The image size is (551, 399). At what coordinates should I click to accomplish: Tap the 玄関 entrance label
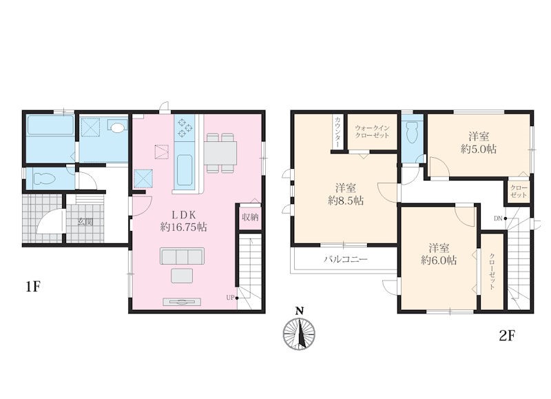[85, 222]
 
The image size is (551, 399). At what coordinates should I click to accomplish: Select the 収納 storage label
[250, 217]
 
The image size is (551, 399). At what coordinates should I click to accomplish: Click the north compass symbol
[300, 330]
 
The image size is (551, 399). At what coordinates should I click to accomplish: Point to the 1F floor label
[33, 287]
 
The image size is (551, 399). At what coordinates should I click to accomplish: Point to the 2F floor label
[507, 336]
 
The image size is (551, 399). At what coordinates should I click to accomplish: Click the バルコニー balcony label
[346, 259]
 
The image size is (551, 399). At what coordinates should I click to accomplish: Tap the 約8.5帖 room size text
[346, 201]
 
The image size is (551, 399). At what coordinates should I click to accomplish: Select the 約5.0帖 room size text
[478, 149]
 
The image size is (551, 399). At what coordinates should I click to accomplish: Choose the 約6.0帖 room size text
[439, 260]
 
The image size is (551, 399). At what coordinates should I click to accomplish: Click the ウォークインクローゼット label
[372, 132]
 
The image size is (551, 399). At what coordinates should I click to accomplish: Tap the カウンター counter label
[337, 132]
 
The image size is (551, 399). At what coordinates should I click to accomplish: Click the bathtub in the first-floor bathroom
[50, 125]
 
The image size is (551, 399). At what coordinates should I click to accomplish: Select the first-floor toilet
[45, 178]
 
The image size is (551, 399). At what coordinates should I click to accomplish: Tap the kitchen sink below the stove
[184, 170]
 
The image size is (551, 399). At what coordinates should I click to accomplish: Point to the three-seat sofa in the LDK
[182, 256]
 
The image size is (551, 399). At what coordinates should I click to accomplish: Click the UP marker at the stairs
[232, 298]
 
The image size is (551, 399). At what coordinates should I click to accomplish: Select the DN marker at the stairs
[500, 218]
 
